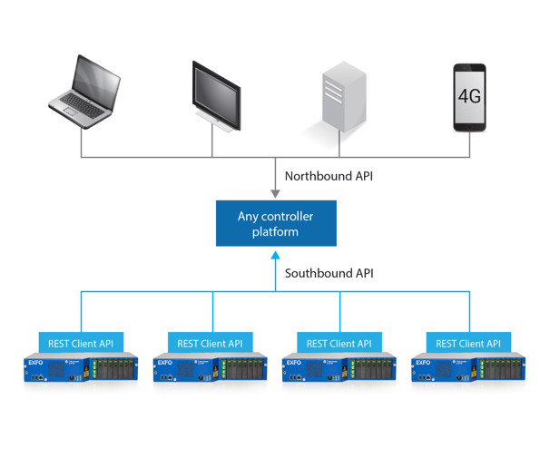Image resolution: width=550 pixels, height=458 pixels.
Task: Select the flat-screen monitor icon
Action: coord(215,95)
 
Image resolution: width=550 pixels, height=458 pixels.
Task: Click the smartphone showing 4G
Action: coord(469,97)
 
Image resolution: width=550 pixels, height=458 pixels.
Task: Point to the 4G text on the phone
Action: coord(469,95)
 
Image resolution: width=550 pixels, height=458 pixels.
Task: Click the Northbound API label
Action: coord(329,176)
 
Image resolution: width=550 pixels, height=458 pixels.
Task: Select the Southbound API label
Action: coord(329,273)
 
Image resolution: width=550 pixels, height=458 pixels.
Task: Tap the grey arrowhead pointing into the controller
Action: coord(275,192)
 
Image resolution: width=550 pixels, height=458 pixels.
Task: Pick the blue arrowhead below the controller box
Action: coord(275,257)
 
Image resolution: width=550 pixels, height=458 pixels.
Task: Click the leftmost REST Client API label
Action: coord(81,344)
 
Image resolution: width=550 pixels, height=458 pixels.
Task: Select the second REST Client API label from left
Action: coord(210,344)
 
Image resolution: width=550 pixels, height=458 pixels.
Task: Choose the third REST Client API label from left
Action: coord(339,344)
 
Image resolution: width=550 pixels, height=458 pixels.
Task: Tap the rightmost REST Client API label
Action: coord(468,344)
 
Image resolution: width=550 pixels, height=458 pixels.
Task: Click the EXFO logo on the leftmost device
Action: coord(37,363)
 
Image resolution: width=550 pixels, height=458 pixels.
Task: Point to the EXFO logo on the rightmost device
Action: coord(424,363)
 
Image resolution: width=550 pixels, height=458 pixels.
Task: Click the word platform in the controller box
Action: coord(275,232)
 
